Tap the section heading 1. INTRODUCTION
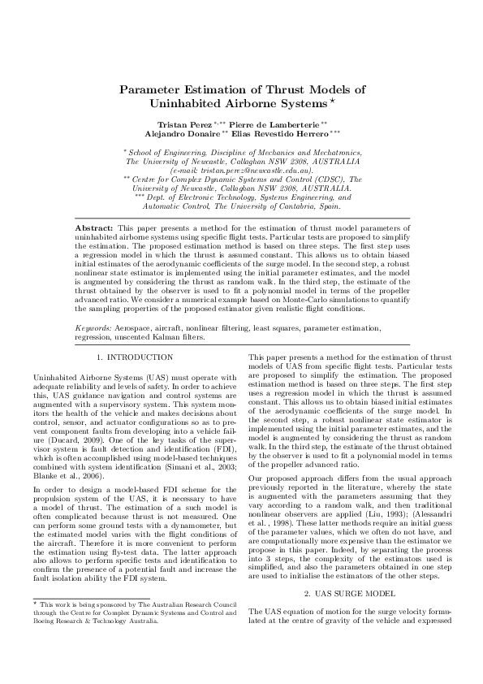pos(135,357)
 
